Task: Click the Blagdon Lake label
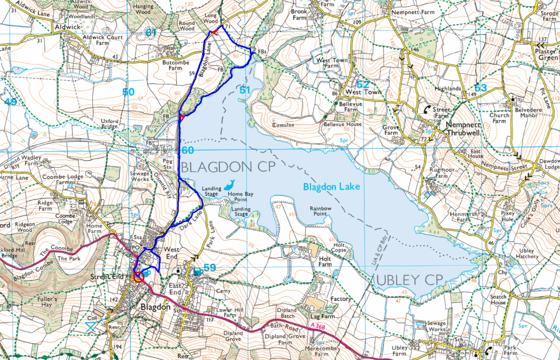[x=331, y=187]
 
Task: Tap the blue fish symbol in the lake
[x=230, y=184]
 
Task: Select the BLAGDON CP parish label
[x=221, y=167]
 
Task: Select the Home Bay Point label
[x=237, y=197]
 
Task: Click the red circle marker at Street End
[x=138, y=277]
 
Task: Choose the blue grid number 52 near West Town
[x=363, y=84]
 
